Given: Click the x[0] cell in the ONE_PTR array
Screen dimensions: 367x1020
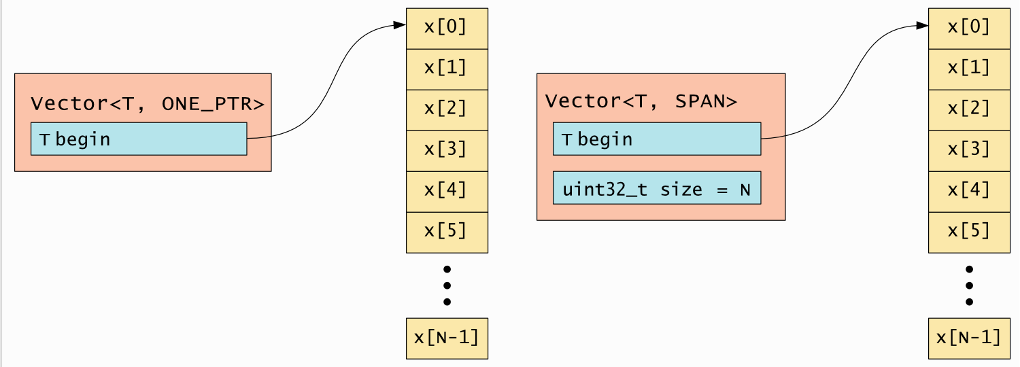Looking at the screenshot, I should pyautogui.click(x=447, y=28).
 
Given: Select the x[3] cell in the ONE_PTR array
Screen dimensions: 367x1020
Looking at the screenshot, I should pyautogui.click(x=447, y=150).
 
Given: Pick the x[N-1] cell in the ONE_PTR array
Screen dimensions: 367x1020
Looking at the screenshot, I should pyautogui.click(x=447, y=338).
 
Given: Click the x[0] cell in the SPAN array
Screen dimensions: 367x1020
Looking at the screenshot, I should pyautogui.click(x=969, y=28).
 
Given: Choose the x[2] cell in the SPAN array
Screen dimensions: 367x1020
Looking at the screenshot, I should pyautogui.click(x=969, y=109).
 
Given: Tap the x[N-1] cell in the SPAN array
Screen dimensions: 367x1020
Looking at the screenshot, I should pyautogui.click(x=969, y=338).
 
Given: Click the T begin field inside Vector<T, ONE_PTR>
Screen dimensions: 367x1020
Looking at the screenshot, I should pyautogui.click(x=139, y=139).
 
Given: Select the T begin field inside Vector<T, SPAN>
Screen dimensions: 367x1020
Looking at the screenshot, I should pyautogui.click(x=657, y=139).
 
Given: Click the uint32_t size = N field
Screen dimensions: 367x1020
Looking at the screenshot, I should pyautogui.click(x=657, y=188).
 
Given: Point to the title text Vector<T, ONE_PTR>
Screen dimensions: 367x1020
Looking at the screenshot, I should pyautogui.click(x=147, y=104).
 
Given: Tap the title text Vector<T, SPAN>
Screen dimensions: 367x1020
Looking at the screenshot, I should pyautogui.click(x=641, y=101).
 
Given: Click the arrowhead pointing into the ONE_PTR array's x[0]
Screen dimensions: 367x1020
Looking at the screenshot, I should pyautogui.click(x=401, y=26).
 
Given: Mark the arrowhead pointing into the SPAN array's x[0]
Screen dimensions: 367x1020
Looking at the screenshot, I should pyautogui.click(x=923, y=26).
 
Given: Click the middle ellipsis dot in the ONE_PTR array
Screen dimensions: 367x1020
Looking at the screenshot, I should pyautogui.click(x=447, y=285).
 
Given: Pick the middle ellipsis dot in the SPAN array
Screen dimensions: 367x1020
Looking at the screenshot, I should pyautogui.click(x=969, y=285).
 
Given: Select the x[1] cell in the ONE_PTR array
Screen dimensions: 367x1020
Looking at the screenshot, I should pyautogui.click(x=447, y=69).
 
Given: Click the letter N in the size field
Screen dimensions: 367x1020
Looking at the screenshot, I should pyautogui.click(x=745, y=189).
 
